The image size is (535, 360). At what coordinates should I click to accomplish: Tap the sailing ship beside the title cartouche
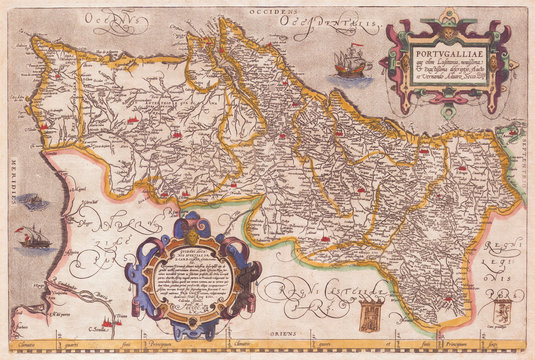[x=352, y=65]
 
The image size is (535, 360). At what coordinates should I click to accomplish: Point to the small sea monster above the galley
[x=33, y=202]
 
